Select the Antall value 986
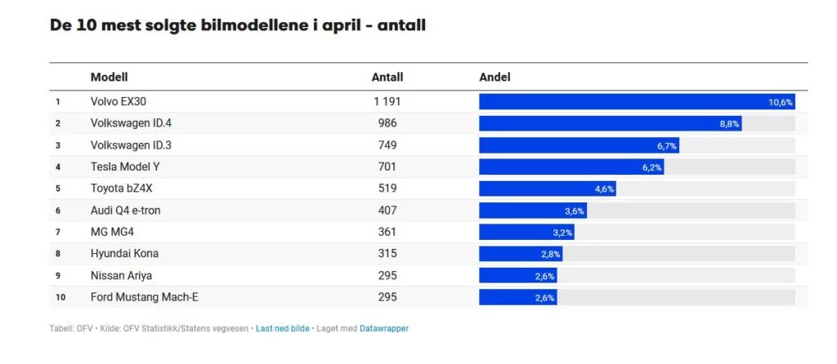coord(387,123)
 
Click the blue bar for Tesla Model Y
coord(571,166)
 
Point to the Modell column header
coord(109,78)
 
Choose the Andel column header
coord(495,78)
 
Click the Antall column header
coord(387,78)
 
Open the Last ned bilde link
coord(282,328)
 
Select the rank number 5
coord(58,189)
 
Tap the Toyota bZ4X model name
coord(121,189)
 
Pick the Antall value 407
coord(387,210)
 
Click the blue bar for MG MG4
coord(526,232)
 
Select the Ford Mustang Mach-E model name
coord(144,297)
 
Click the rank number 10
coord(60,297)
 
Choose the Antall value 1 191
coord(387,102)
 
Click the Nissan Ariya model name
coord(121,275)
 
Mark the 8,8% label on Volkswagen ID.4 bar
coord(729,123)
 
